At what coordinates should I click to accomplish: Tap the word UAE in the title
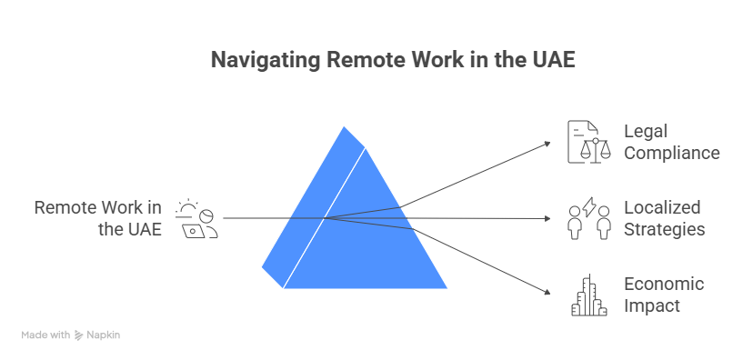pyautogui.click(x=555, y=60)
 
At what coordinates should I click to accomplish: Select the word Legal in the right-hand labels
pyautogui.click(x=646, y=131)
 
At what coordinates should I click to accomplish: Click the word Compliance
pyautogui.click(x=671, y=153)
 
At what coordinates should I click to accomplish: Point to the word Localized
pyautogui.click(x=662, y=207)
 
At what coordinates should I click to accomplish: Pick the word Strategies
pyautogui.click(x=664, y=229)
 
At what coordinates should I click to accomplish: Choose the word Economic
pyautogui.click(x=664, y=284)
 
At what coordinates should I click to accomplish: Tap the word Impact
pyautogui.click(x=652, y=305)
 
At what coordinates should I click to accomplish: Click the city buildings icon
pyautogui.click(x=588, y=295)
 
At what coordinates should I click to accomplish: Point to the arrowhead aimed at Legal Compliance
pyautogui.click(x=548, y=143)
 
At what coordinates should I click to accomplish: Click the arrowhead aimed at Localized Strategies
pyautogui.click(x=549, y=218)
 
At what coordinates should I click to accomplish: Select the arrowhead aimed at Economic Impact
pyautogui.click(x=548, y=292)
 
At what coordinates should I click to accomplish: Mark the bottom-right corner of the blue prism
pyautogui.click(x=447, y=288)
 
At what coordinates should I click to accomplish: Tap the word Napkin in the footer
pyautogui.click(x=105, y=335)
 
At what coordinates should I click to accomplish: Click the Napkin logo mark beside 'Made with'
pyautogui.click(x=79, y=335)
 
